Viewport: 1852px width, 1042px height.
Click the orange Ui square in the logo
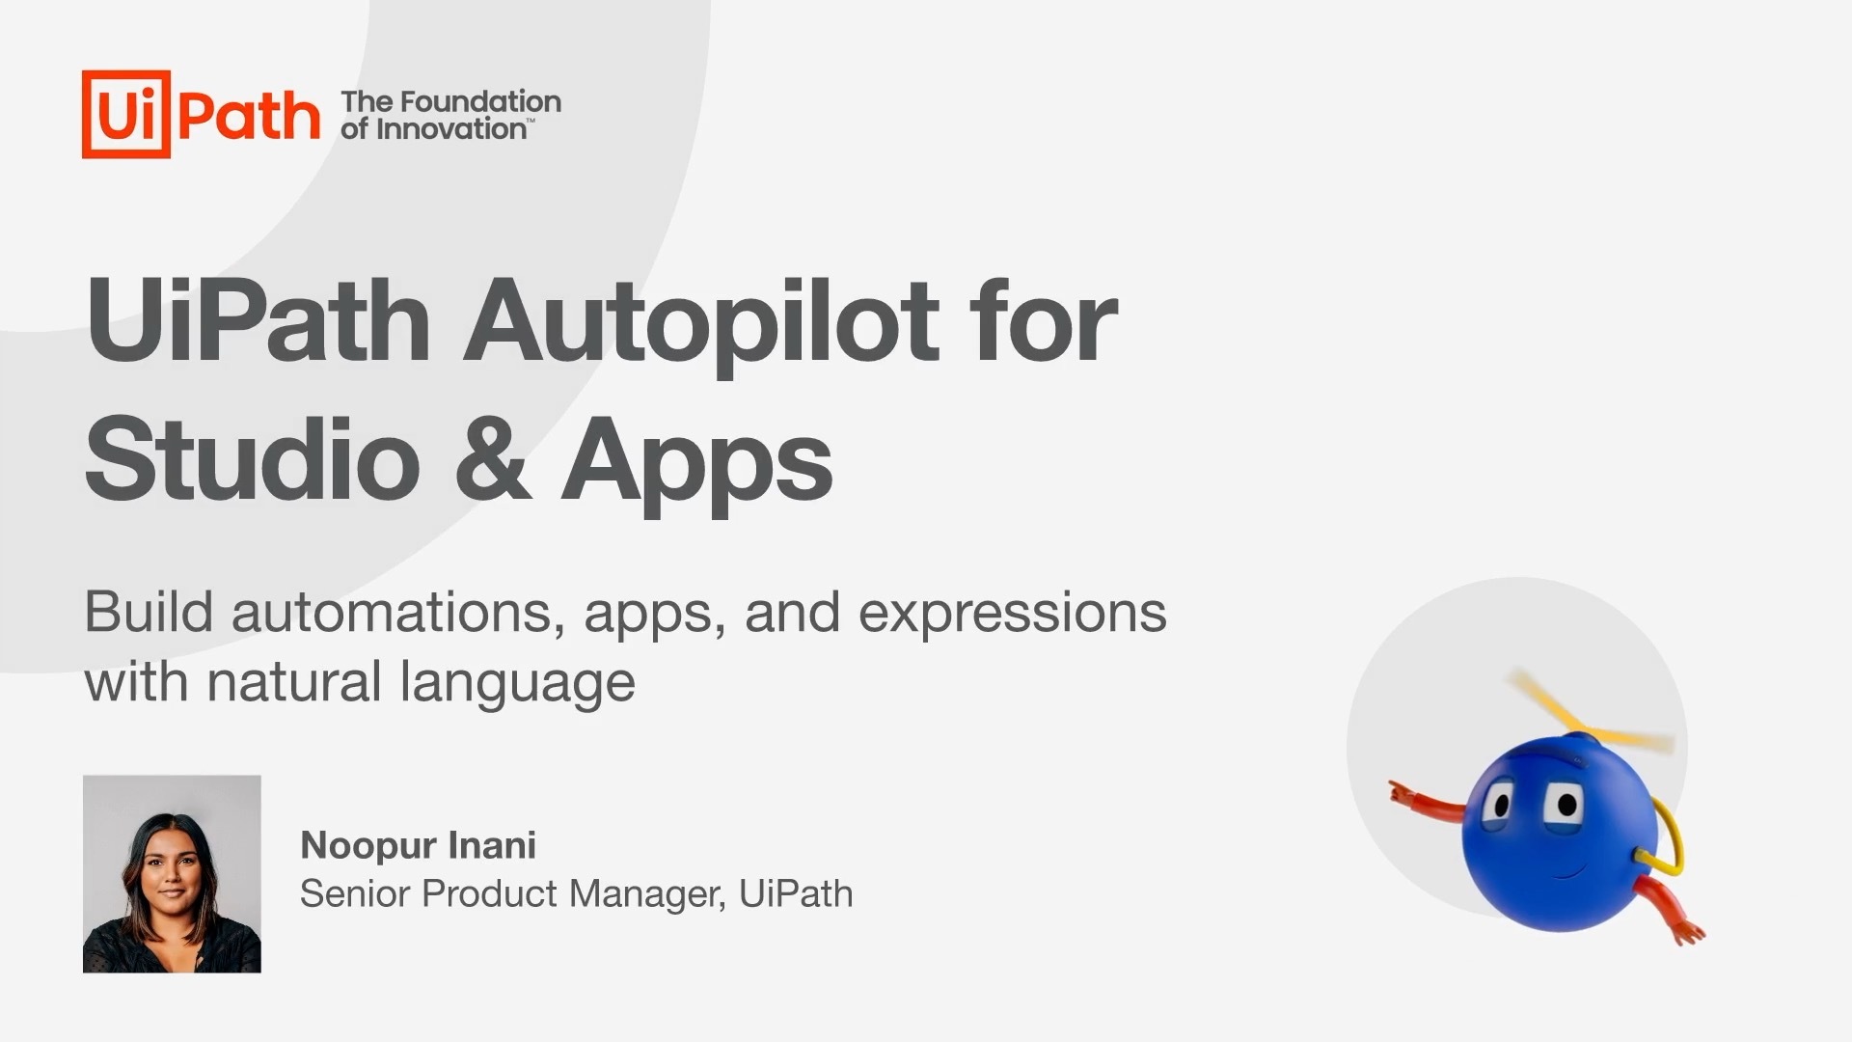pos(126,114)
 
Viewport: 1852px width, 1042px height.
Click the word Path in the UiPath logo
pos(249,117)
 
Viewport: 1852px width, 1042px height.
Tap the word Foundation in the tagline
pos(480,101)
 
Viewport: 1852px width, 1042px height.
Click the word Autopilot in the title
pos(701,322)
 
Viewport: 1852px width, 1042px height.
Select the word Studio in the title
pos(253,460)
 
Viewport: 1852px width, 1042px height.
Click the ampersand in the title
pos(493,460)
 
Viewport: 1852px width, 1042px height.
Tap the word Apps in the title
pos(696,465)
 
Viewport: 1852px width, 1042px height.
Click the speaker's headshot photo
pos(172,874)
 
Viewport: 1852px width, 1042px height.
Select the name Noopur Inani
pos(418,845)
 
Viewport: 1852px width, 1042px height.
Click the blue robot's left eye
pos(1498,805)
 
